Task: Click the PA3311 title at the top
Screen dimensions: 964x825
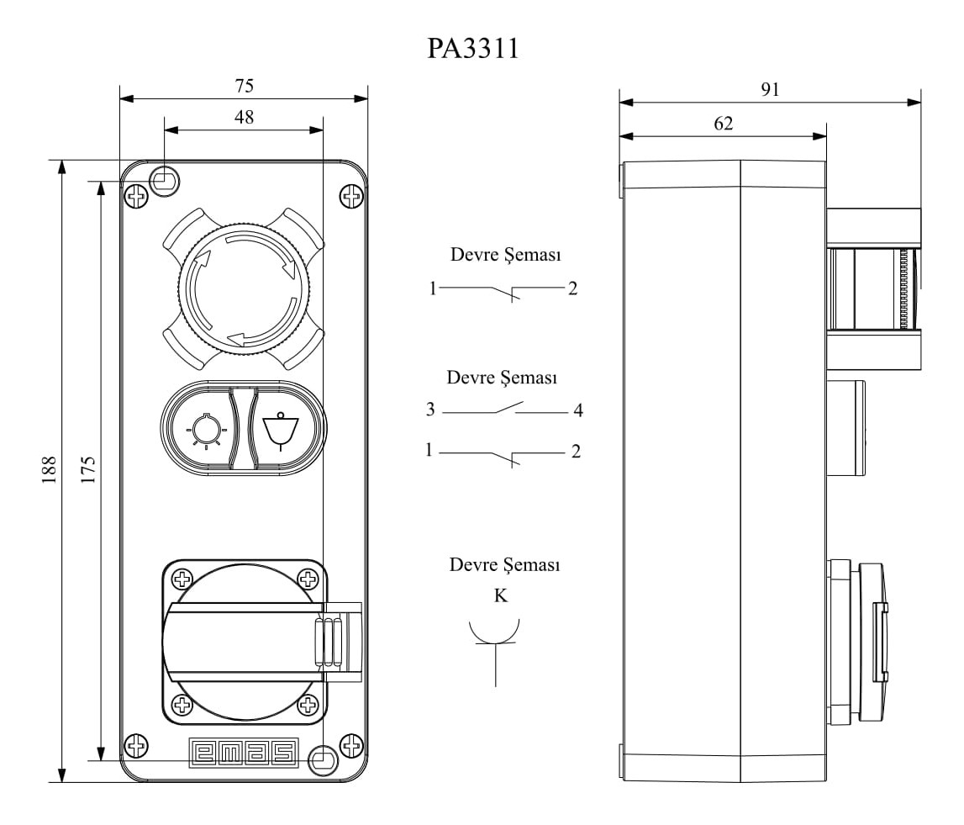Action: click(473, 49)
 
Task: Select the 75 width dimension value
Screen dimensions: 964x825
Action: click(244, 86)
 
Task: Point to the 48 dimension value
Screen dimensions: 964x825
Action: click(244, 117)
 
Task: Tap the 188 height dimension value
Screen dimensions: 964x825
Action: click(50, 470)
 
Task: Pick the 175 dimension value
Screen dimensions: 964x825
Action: click(88, 470)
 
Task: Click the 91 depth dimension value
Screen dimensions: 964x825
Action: click(770, 90)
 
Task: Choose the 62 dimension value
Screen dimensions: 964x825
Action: click(724, 124)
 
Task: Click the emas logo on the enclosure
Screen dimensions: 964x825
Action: click(244, 753)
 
